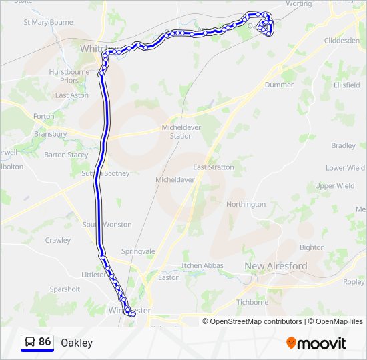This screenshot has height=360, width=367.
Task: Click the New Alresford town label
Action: [x=276, y=266]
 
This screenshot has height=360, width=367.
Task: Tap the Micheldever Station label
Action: [x=177, y=131]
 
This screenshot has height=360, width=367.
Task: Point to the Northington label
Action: [x=246, y=204]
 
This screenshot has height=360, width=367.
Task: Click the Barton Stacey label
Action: [x=66, y=155]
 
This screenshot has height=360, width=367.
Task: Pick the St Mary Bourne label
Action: [x=48, y=22]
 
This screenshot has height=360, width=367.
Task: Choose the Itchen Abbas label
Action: [x=202, y=265]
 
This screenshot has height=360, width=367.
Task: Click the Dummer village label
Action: [x=279, y=85]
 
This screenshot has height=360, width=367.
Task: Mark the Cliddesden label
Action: [x=342, y=40]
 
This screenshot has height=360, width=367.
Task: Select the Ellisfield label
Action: [x=347, y=85]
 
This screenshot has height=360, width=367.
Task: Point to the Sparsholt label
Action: [x=65, y=289]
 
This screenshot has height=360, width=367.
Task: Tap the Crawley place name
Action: [x=58, y=240]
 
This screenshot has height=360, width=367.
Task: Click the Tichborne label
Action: [x=252, y=302]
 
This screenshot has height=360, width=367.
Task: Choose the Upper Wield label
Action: [x=335, y=186]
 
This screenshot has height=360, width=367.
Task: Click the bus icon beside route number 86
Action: [x=30, y=342]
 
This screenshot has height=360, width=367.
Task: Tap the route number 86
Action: [x=45, y=342]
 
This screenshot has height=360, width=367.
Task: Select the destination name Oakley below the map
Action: [x=77, y=343]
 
